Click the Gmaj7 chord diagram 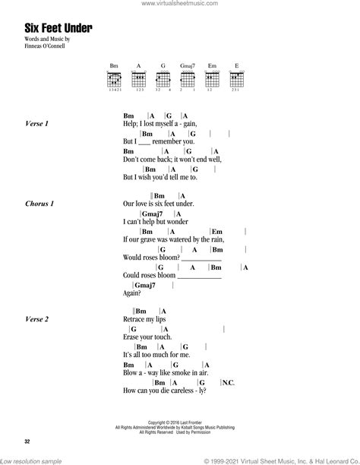(x=185, y=79)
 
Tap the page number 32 (x=28, y=439)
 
